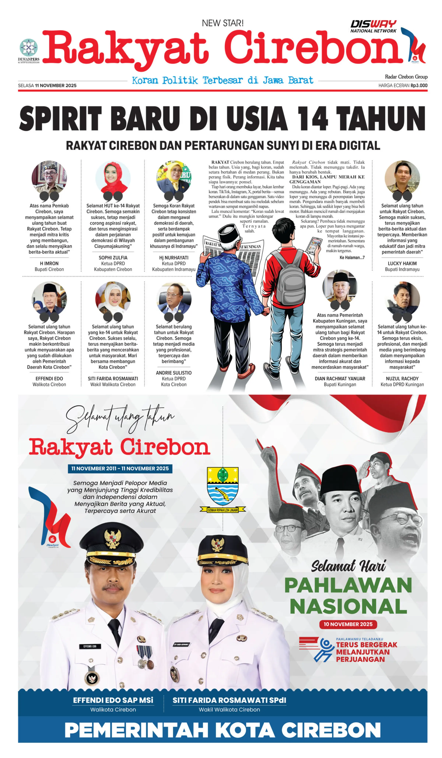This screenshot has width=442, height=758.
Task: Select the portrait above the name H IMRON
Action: pos(49,178)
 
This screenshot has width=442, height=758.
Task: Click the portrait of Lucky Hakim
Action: pos(402,178)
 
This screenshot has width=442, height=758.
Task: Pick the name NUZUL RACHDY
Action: pos(402,378)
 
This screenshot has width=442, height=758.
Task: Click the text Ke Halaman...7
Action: pos(352,257)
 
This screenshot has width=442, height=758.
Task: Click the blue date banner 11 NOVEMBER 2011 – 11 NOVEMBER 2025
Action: pos(120,468)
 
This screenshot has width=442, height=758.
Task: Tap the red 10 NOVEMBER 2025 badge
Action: pos(348,624)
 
